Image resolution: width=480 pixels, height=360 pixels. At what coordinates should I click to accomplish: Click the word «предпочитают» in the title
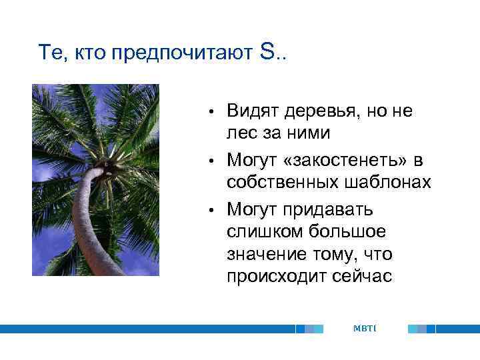(x=182, y=54)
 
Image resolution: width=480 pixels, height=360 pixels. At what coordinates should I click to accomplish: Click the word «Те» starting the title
(x=51, y=53)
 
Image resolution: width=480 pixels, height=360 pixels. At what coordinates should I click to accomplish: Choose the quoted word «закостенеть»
(x=349, y=161)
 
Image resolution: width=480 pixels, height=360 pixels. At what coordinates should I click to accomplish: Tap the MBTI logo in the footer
(x=365, y=329)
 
